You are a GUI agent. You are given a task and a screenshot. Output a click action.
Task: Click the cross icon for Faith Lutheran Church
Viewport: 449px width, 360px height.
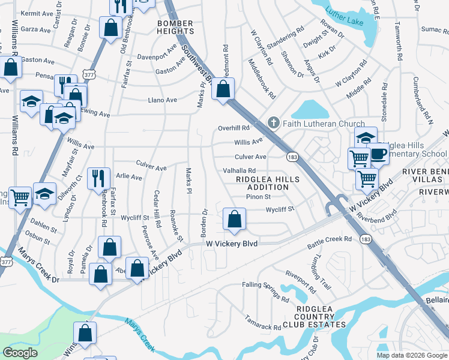tap(274, 124)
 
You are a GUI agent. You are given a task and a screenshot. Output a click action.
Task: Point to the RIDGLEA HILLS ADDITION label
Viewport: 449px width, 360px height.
tap(262, 183)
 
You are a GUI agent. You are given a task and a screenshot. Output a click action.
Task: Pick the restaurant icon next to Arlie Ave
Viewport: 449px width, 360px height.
tap(98, 179)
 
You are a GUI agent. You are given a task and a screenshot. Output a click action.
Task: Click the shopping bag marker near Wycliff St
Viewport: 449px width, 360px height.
tap(234, 219)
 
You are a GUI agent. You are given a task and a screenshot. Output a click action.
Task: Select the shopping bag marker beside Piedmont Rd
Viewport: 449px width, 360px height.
tap(223, 90)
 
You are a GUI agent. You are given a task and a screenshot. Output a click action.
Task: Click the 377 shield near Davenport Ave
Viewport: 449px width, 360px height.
tap(89, 74)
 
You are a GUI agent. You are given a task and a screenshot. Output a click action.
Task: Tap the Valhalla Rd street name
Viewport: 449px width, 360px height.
tap(240, 171)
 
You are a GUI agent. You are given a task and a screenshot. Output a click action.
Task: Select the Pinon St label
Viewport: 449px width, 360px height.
tap(259, 196)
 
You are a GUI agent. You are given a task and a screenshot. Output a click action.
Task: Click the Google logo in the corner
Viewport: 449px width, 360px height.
tap(20, 353)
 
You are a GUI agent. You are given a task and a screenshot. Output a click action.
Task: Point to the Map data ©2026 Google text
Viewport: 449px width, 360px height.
tap(411, 355)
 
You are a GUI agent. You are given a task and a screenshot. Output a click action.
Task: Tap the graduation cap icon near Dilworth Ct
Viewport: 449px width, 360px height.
tap(44, 193)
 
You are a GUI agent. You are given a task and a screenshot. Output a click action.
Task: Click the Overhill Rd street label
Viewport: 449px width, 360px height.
tap(234, 128)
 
